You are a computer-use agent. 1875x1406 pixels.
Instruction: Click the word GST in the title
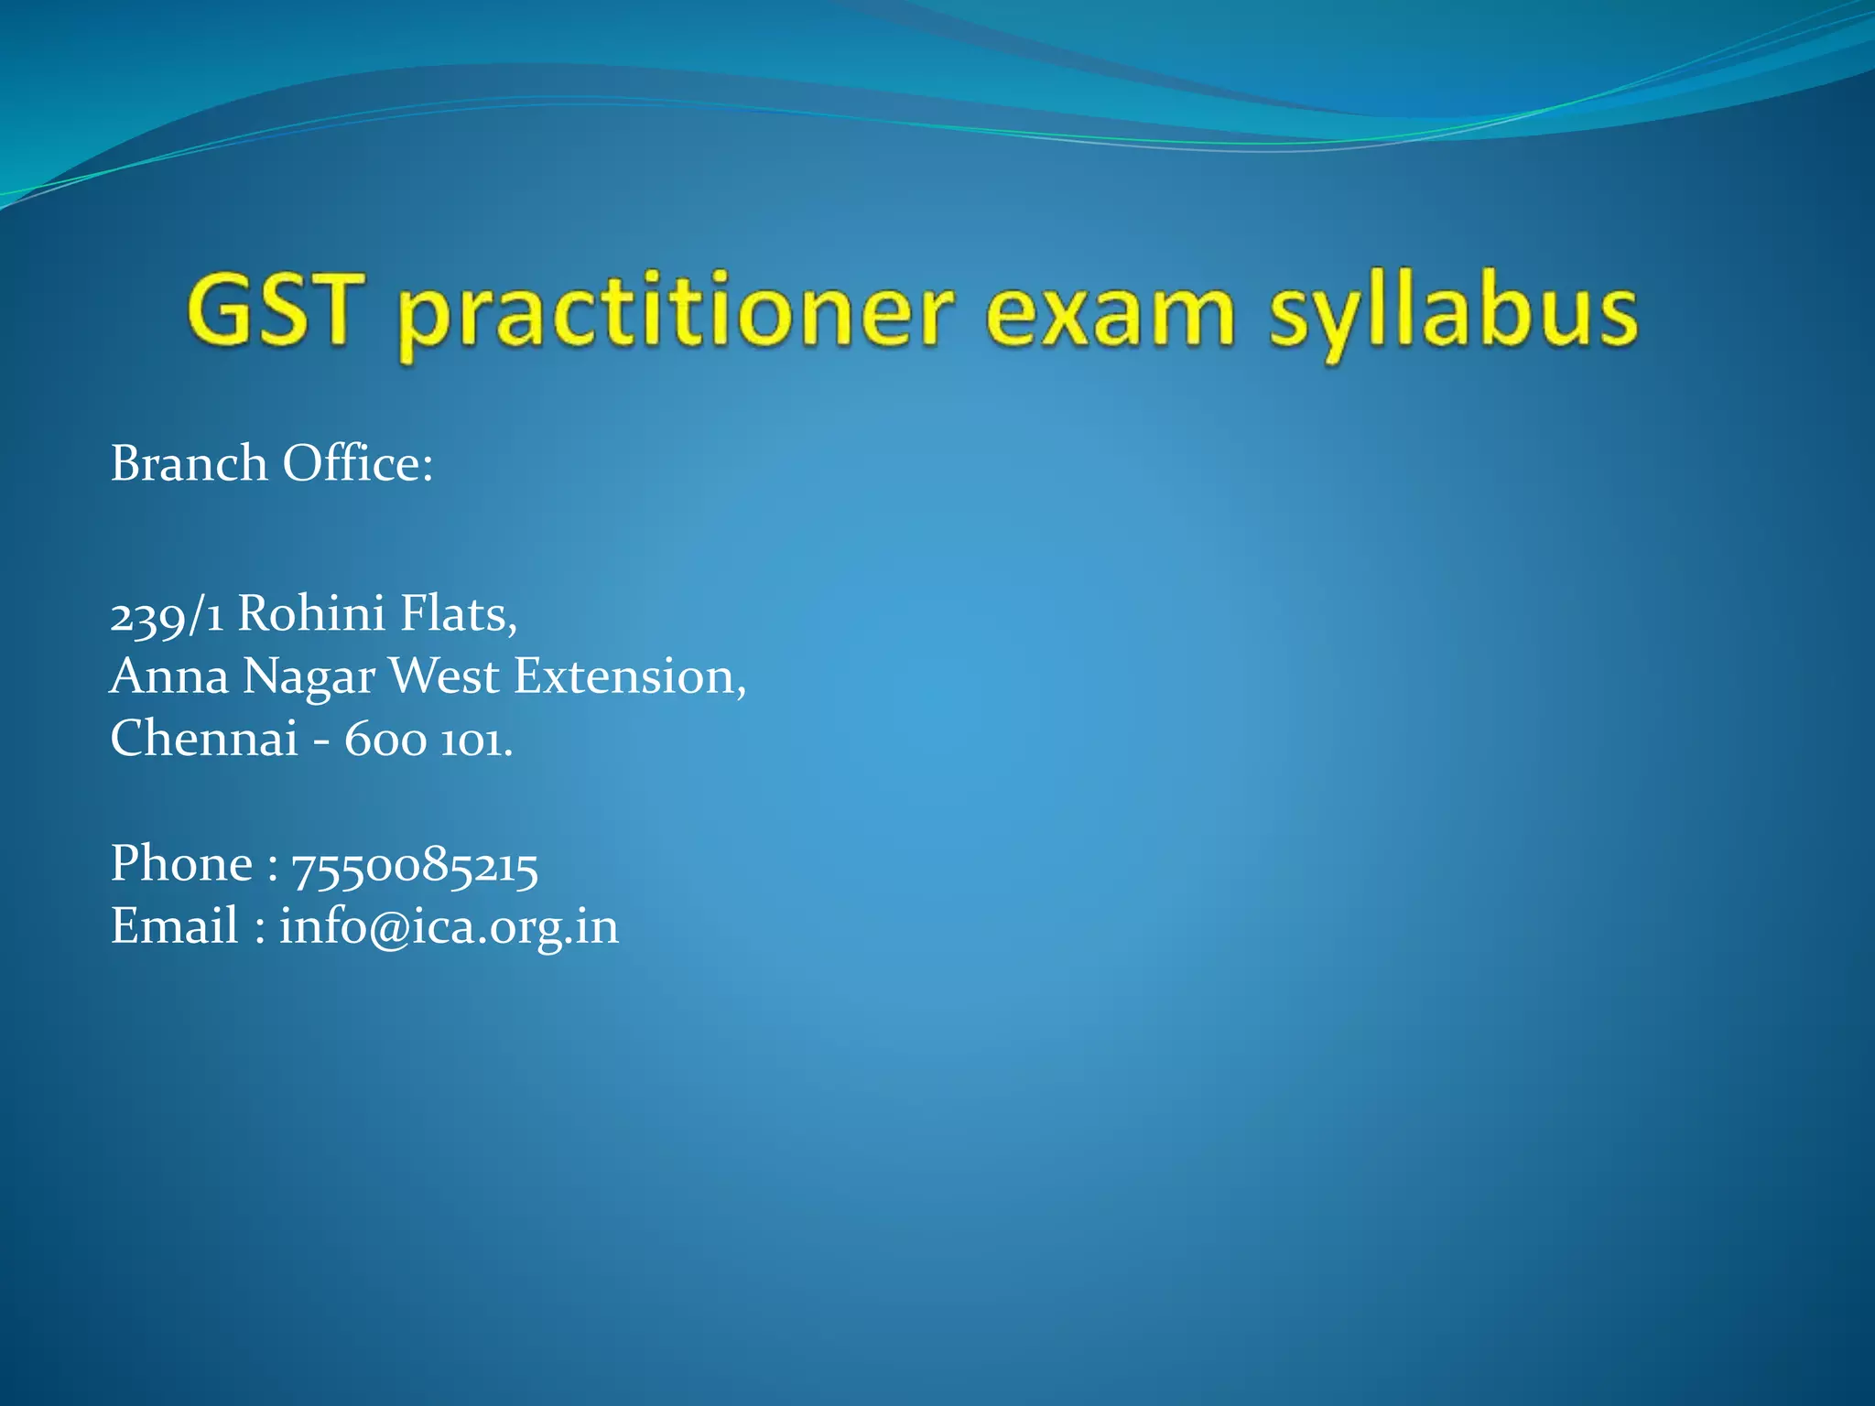(271, 311)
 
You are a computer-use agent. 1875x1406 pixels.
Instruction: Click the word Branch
(189, 463)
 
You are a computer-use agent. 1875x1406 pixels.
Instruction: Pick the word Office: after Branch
(357, 463)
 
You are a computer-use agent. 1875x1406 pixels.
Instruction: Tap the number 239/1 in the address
(167, 614)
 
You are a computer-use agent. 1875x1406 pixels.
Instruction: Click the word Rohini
(311, 612)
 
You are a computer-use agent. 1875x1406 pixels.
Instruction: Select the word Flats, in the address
(459, 612)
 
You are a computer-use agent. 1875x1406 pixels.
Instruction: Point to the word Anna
(169, 676)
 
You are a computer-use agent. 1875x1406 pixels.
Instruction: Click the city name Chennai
(204, 738)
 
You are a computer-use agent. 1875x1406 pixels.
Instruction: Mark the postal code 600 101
(428, 740)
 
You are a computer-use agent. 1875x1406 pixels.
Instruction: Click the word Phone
(181, 864)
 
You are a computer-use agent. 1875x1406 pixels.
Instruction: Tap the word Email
(174, 925)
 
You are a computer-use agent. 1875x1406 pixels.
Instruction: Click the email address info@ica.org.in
(449, 927)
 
